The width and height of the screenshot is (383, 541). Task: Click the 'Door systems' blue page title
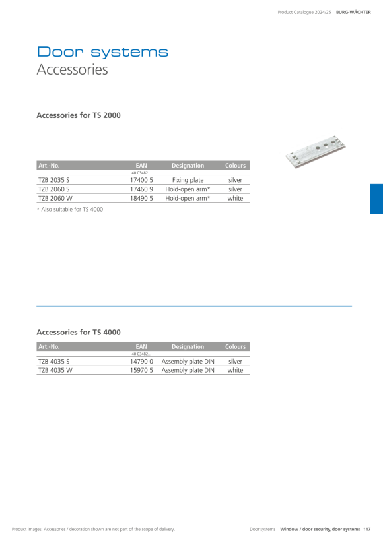coord(102,51)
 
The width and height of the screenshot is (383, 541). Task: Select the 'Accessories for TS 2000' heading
coord(79,115)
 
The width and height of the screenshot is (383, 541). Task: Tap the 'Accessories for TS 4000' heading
coord(79,333)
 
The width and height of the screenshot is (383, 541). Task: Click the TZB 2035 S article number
coord(54,180)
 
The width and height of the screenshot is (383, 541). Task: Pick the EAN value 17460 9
coord(141,189)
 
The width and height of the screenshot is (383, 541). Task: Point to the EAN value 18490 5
coord(141,198)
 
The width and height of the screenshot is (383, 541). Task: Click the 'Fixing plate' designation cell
coord(188,180)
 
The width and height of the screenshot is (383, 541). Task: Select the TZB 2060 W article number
coord(55,198)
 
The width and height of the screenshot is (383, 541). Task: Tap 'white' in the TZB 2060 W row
coord(235,198)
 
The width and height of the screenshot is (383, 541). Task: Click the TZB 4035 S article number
coord(54,362)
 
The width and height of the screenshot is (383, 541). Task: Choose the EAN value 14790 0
coord(141,362)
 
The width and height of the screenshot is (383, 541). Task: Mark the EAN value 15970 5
coord(141,370)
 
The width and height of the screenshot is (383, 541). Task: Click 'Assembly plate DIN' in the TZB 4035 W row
coord(188,370)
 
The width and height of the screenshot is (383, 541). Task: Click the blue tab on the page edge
coord(376,199)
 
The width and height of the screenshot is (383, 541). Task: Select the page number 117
coord(366,529)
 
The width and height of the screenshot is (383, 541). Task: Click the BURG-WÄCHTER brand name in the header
coord(354,12)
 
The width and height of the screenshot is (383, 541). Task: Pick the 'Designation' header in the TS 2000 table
coord(188,166)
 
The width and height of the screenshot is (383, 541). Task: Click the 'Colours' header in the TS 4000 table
coord(236,347)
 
